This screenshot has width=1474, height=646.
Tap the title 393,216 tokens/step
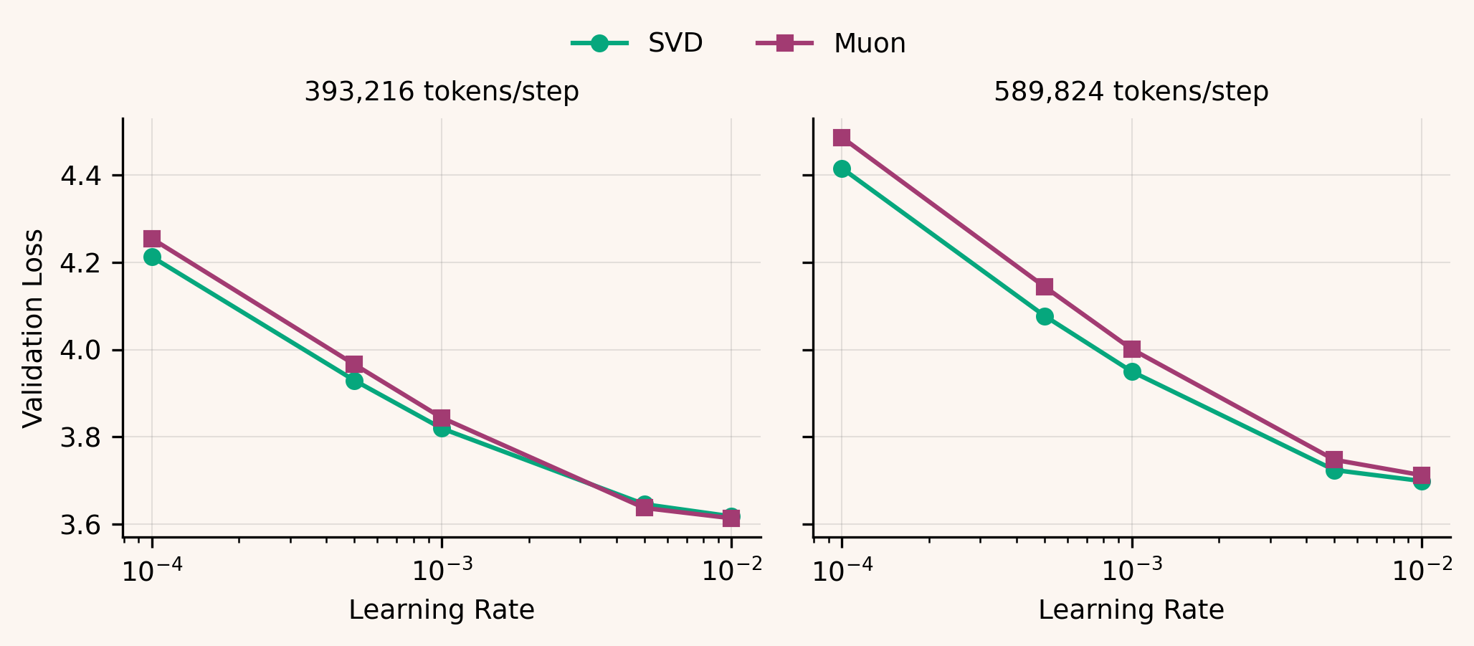click(442, 92)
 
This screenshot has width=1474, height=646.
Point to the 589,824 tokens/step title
click(1131, 92)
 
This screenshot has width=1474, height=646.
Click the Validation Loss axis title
click(33, 328)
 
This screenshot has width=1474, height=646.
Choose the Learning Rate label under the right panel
click(1131, 610)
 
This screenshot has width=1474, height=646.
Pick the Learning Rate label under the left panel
click(442, 610)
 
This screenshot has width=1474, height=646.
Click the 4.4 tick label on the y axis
click(80, 176)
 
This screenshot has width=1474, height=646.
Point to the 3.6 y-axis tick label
click(80, 526)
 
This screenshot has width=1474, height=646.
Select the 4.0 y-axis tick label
click(80, 351)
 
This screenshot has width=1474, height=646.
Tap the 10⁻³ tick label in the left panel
click(442, 571)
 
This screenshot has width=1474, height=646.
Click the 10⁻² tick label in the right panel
click(1422, 571)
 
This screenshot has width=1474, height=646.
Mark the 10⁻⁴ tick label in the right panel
click(842, 571)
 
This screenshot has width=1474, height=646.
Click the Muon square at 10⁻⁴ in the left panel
click(152, 239)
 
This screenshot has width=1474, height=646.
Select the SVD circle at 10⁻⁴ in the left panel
click(152, 257)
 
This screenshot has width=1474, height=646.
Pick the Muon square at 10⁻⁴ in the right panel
click(842, 137)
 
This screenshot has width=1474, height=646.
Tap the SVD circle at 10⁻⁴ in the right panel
click(842, 168)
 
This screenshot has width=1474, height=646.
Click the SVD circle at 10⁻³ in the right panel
click(1132, 371)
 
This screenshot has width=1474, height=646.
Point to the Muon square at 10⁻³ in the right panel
click(1132, 349)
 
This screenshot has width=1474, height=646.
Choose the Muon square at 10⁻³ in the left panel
click(442, 418)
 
